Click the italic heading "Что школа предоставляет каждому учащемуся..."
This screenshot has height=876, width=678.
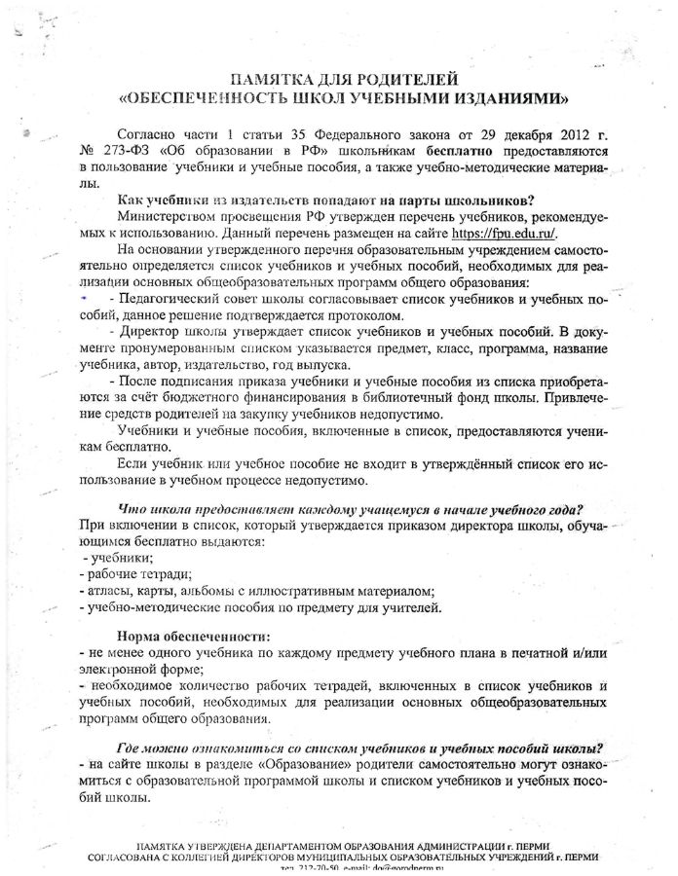tap(356, 509)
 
